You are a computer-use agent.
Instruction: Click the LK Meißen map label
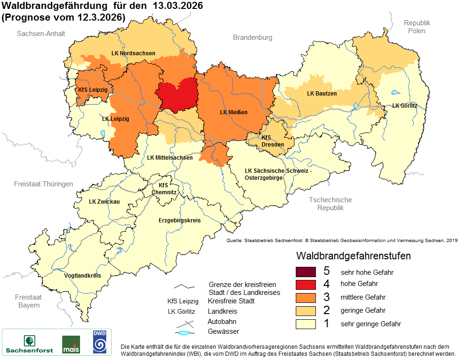pos(234,112)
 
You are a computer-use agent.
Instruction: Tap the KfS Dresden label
pos(272,141)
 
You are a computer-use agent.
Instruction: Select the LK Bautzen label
pos(322,94)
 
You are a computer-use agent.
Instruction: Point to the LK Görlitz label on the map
pos(405,106)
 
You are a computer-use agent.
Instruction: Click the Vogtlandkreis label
pos(82,275)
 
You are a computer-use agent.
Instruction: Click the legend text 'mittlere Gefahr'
pos(363,297)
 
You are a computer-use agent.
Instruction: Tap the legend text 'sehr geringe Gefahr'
pos(371,323)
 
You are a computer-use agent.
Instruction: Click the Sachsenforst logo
pos(29,344)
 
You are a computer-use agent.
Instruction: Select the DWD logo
pos(100,342)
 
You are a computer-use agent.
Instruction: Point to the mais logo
pos(71,345)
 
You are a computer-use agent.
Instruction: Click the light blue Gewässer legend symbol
pos(185,332)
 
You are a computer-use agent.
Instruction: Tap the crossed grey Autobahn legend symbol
pos(185,323)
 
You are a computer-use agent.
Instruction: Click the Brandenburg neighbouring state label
pos(252,37)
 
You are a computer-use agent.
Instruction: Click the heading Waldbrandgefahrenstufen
pos(353,256)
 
